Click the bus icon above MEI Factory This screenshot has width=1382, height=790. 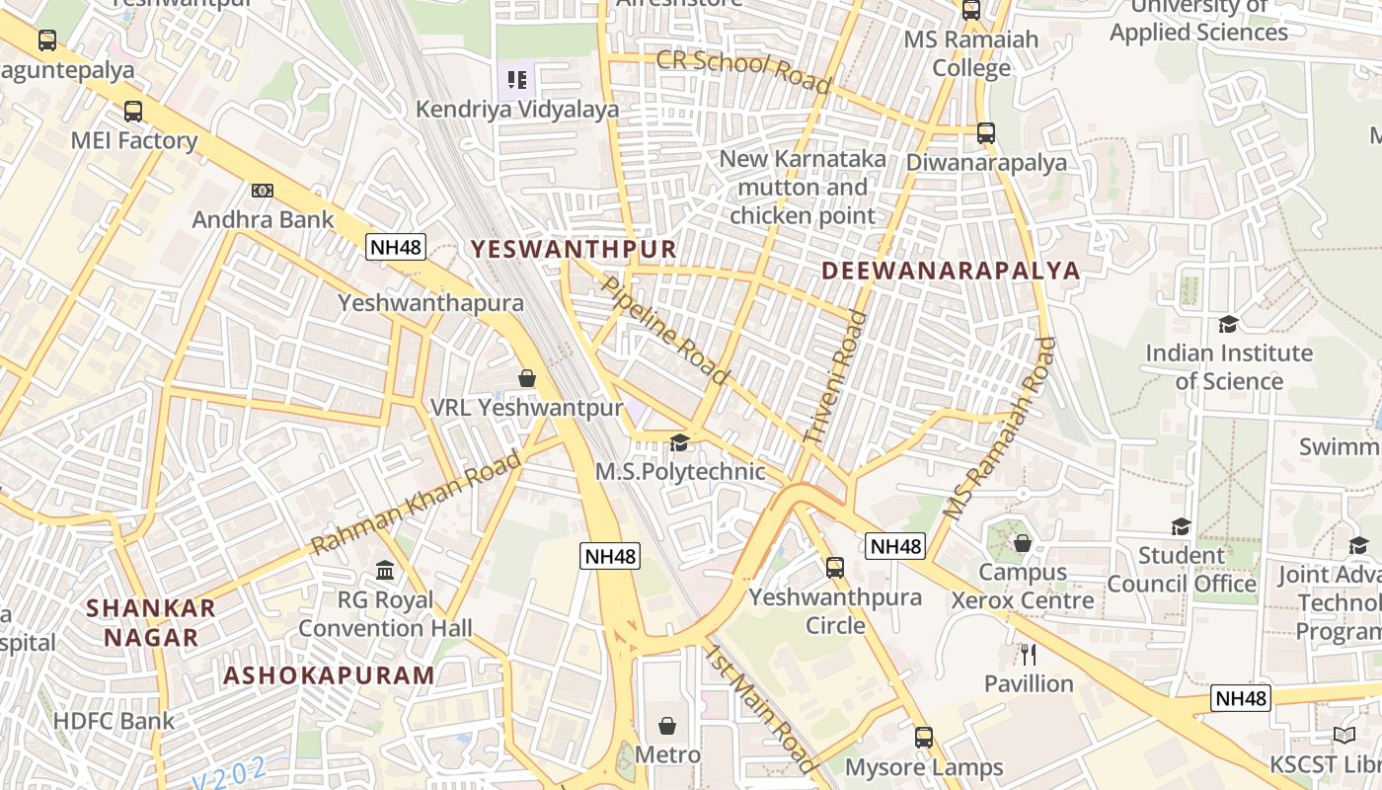[x=133, y=112]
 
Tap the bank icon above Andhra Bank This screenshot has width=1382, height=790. [x=262, y=190]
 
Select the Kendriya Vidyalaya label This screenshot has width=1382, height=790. [x=517, y=109]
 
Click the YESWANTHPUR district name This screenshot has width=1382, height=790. [x=574, y=249]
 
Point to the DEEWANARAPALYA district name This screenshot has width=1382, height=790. [x=951, y=271]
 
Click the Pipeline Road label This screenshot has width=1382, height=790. [x=664, y=331]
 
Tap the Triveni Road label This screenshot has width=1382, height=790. [x=834, y=376]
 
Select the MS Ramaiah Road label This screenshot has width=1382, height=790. [x=999, y=429]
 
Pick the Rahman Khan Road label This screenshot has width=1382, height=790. [x=416, y=503]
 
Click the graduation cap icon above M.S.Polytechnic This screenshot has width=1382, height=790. [x=679, y=442]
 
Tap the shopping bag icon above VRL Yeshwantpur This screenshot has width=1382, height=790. [x=527, y=378]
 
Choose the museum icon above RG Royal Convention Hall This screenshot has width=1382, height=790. [x=385, y=570]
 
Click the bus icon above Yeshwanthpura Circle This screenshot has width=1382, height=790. [x=835, y=568]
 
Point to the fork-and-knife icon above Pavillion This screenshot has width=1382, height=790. [x=1029, y=654]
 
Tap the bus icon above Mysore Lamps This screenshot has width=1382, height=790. [x=924, y=737]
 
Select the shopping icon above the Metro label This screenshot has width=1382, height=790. [x=667, y=726]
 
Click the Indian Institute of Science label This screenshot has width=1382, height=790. [x=1229, y=366]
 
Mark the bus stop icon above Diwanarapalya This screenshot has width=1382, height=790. [x=985, y=132]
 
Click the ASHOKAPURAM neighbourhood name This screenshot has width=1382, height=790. [x=329, y=675]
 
